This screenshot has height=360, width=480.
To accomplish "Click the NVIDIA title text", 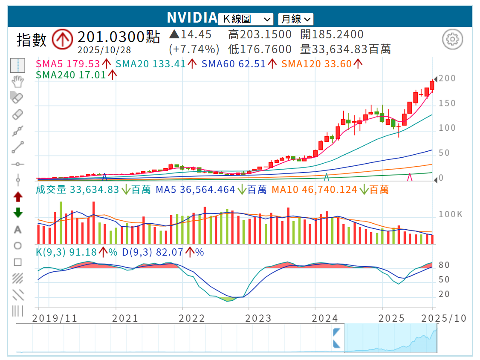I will pyautogui.click(x=192, y=17).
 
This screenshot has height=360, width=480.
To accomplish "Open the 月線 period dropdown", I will pyautogui.click(x=295, y=19).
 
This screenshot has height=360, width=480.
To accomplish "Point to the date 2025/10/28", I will pyautogui.click(x=104, y=50).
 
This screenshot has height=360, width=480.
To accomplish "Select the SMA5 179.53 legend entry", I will pyautogui.click(x=67, y=64).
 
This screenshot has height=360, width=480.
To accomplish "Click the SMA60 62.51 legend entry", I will pyautogui.click(x=233, y=64).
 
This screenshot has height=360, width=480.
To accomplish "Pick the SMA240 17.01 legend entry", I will pyautogui.click(x=71, y=75).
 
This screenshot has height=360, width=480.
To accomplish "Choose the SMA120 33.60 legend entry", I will pyautogui.click(x=316, y=64).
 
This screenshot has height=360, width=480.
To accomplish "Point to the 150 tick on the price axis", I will pyautogui.click(x=447, y=104).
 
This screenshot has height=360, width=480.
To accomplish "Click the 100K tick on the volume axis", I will pyautogui.click(x=450, y=214).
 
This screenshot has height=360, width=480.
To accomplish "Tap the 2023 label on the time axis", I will pyautogui.click(x=258, y=318).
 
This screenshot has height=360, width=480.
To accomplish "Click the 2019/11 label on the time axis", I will pyautogui.click(x=49, y=318).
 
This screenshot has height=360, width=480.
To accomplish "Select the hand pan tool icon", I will pyautogui.click(x=17, y=81).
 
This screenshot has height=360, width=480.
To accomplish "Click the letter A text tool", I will pyautogui.click(x=17, y=230).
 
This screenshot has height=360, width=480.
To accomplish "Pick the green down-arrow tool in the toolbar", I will pyautogui.click(x=17, y=213).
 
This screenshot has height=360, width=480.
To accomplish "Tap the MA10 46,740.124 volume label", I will pyautogui.click(x=314, y=190).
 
